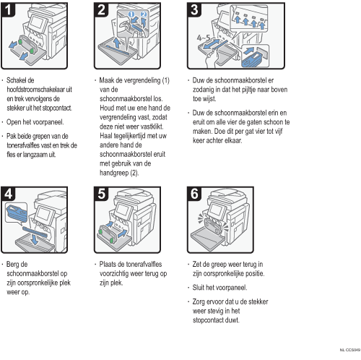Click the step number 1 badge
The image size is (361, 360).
pos(8,9)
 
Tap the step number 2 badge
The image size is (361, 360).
pos(101,9)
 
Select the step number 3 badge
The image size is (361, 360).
pos(194,9)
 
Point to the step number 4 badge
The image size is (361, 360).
pos(8,194)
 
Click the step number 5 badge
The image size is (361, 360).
pos(101,194)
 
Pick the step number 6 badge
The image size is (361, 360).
pos(194,194)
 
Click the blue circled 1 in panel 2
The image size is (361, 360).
pos(131,14)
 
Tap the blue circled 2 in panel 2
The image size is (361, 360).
pos(144,14)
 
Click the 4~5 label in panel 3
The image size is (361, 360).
pos(204,38)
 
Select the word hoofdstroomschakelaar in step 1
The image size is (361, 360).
pos(39,90)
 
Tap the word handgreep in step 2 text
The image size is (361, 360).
pos(114,173)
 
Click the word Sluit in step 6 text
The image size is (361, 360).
pos(199,288)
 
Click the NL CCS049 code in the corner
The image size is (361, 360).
pos(350,350)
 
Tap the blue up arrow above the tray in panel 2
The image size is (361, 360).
pos(117,43)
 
